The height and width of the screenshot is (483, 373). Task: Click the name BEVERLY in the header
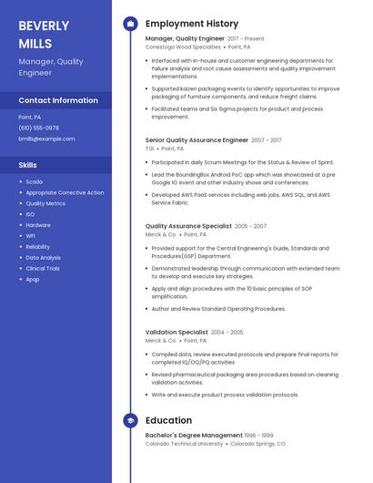tap(44, 26)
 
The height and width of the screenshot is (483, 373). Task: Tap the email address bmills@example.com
tap(46, 139)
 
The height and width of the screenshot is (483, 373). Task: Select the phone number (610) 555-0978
tap(38, 128)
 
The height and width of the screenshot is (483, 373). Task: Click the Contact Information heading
tap(58, 100)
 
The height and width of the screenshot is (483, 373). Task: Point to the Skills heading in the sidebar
tap(28, 165)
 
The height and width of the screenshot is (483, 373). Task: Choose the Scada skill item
tap(34, 181)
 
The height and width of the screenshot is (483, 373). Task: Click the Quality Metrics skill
tap(45, 203)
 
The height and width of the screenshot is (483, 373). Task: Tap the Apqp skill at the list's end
tap(33, 279)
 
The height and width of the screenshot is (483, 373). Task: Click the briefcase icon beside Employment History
tap(130, 24)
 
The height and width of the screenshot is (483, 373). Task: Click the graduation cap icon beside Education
tap(130, 420)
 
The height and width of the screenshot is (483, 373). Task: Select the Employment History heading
tap(191, 24)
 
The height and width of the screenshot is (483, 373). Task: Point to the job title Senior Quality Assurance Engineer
tap(197, 140)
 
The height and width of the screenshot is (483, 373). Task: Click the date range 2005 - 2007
tap(250, 226)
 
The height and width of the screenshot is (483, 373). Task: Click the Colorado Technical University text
tap(184, 444)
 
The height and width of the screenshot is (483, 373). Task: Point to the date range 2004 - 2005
tap(227, 333)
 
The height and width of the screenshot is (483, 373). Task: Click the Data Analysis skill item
tap(44, 257)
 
